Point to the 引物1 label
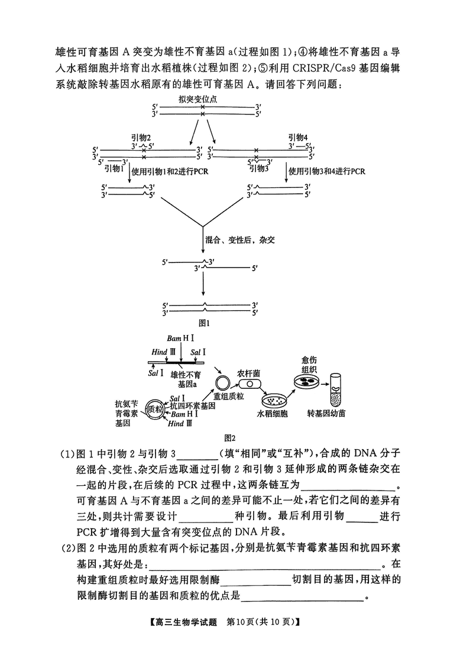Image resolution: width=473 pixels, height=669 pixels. coord(114,168)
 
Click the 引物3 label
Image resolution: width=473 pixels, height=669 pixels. coord(259,168)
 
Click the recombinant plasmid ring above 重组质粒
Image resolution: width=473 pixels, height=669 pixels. coord(222,381)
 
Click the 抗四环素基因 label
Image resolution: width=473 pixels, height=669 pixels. coord(192,406)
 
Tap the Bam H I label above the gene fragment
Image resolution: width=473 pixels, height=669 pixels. coord(180,338)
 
